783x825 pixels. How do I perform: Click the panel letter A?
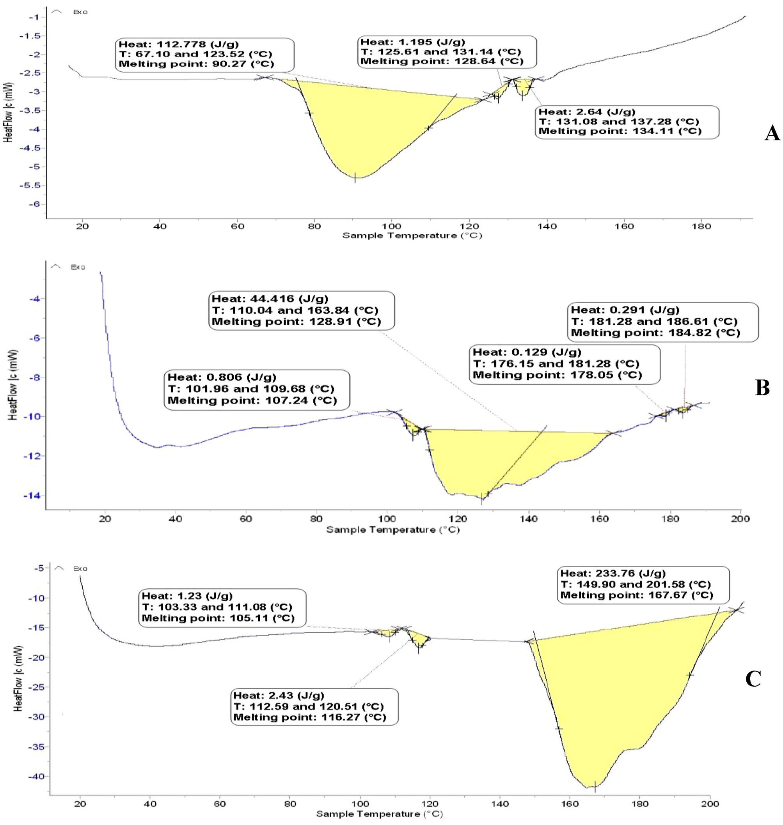click(x=772, y=134)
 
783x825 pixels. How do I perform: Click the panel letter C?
click(x=753, y=679)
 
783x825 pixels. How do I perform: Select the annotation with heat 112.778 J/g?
click(x=204, y=55)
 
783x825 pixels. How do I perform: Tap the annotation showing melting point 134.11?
click(x=627, y=122)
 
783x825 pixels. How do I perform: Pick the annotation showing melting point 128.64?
click(x=447, y=52)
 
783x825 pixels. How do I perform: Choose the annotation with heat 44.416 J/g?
click(x=301, y=310)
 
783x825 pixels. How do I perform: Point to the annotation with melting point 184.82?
click(x=662, y=322)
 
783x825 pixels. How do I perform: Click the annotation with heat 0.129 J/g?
click(x=564, y=364)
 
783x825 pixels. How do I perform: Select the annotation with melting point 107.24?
click(x=257, y=389)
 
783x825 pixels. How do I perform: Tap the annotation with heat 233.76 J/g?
click(x=643, y=584)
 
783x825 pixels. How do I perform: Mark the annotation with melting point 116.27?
click(x=314, y=706)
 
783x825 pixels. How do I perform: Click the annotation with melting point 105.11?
click(x=222, y=607)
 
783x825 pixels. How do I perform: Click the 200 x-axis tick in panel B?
click(x=740, y=519)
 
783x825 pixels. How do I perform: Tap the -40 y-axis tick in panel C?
click(x=36, y=777)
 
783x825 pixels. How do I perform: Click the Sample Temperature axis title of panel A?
click(x=412, y=235)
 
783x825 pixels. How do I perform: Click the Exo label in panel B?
click(x=78, y=267)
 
